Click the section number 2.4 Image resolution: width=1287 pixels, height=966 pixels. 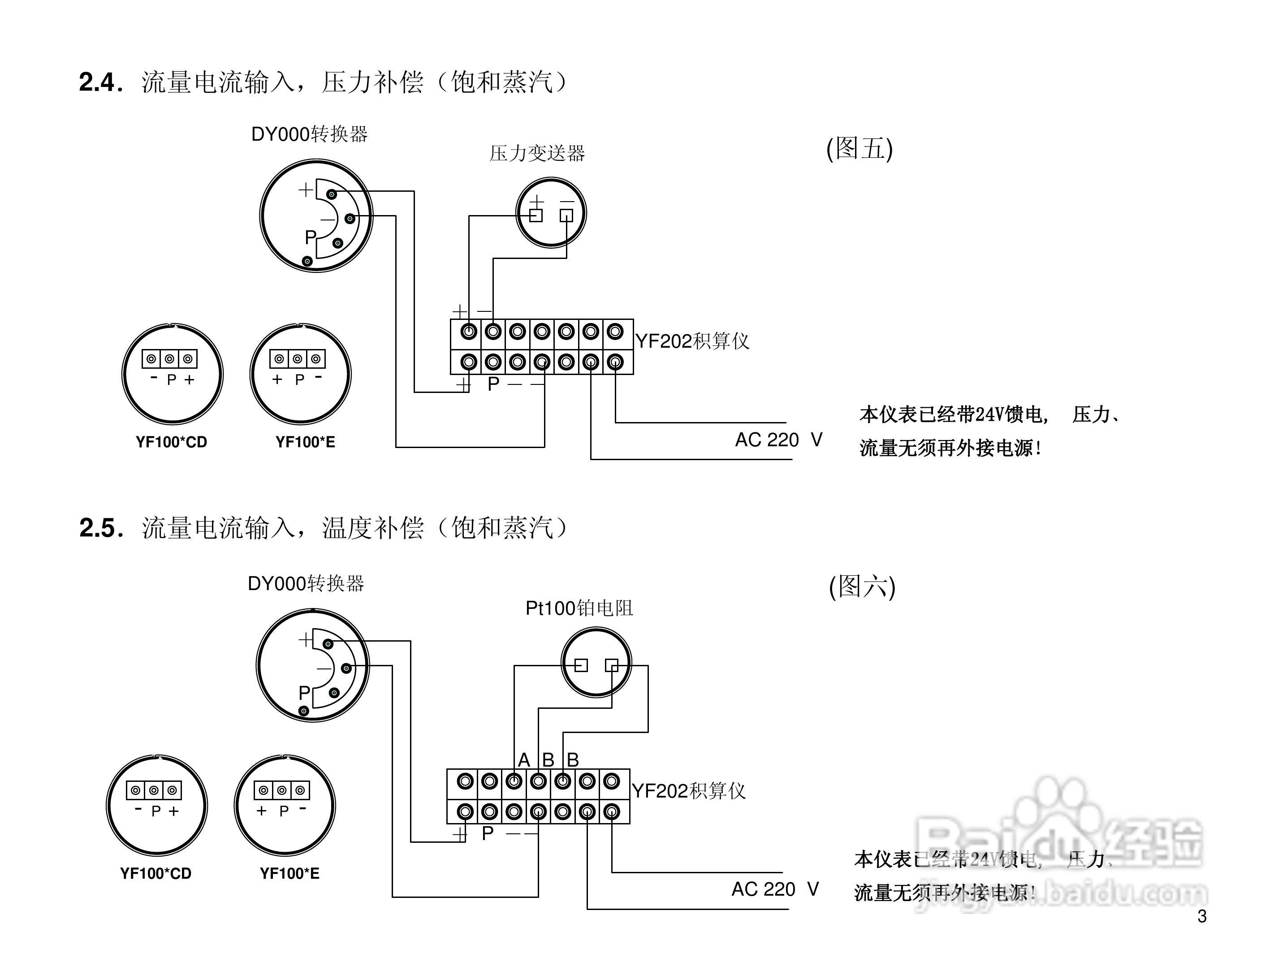pos(99,82)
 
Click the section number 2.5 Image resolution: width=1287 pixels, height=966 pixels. pos(99,528)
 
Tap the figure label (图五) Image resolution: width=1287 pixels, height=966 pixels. pos(859,148)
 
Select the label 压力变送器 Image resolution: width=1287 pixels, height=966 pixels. pos(536,154)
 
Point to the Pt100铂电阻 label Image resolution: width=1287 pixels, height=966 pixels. pos(579,608)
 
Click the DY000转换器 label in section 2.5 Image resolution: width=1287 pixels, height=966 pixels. pos(306,583)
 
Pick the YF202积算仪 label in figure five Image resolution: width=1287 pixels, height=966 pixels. pos(692,341)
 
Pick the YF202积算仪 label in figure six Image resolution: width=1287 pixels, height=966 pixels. pos(689,791)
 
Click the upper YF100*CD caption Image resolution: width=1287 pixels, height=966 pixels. pos(171,442)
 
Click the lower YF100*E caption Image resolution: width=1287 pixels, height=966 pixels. pos(289,874)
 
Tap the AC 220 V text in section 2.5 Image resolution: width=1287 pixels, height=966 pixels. pos(775,889)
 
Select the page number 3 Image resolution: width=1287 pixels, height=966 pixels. pos(1202,917)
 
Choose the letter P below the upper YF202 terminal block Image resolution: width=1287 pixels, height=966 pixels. pos(493,384)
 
